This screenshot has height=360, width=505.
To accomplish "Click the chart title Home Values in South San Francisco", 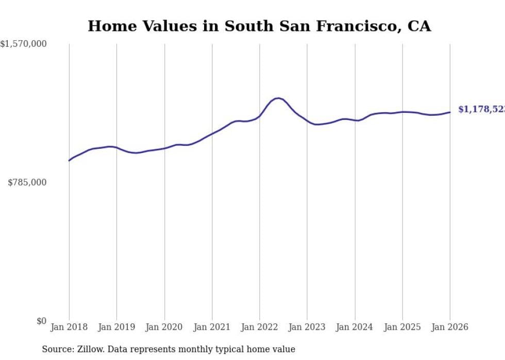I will click(259, 26).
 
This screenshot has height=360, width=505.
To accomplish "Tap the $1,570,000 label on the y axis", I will click(23, 44).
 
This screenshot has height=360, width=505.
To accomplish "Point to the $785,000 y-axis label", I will click(27, 182).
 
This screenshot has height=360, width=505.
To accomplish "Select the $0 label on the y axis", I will click(41, 321).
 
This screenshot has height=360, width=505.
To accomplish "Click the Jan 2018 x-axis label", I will click(69, 327).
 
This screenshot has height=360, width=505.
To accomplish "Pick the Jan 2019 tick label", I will click(116, 327).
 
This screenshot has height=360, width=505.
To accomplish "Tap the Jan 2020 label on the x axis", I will click(164, 327).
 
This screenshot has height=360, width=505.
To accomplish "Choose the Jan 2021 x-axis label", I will click(212, 327).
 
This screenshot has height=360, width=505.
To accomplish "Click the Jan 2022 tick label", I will click(260, 327).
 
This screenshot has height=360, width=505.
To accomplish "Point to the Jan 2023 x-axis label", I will click(307, 327).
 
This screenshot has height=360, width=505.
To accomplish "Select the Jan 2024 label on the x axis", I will click(355, 327).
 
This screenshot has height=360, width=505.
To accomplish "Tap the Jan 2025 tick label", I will click(402, 327).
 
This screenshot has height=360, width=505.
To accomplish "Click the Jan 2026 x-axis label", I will click(450, 327).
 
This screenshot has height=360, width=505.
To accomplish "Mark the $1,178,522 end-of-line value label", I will click(481, 109).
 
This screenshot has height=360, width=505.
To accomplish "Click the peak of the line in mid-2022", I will click(278, 98).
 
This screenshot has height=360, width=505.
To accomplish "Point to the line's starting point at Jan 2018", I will click(69, 161).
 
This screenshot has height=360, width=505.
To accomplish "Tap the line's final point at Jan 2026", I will click(450, 112).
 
